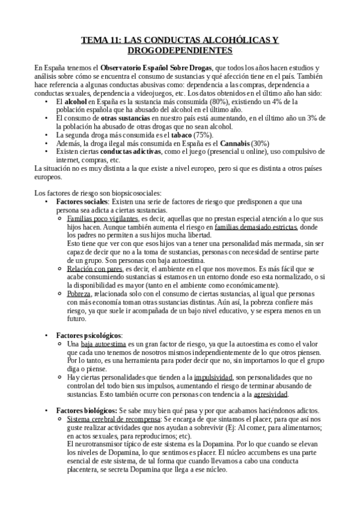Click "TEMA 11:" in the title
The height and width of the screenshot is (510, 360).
[101, 40]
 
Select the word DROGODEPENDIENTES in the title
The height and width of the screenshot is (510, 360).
[180, 51]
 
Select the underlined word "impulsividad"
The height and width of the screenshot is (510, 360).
[209, 360]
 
